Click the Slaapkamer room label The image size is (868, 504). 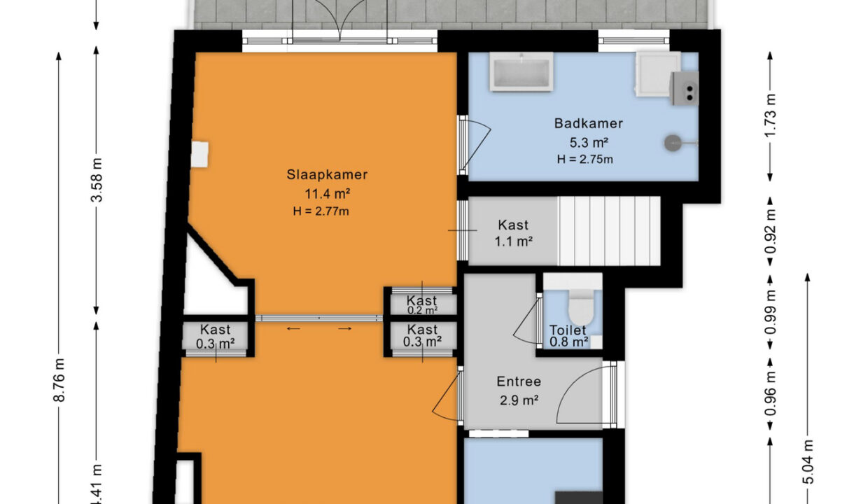point(327,175)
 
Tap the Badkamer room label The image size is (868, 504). point(588,124)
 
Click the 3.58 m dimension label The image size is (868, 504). point(97,181)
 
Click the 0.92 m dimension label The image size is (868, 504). point(771,232)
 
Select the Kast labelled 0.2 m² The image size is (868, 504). point(422,304)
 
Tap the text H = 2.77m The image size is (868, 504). point(321,211)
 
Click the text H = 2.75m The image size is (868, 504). point(585,159)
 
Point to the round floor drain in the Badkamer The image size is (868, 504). point(672,143)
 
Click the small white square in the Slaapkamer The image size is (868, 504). point(200,155)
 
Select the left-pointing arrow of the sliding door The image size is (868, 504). point(293,329)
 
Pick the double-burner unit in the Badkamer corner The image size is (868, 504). point(685,88)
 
